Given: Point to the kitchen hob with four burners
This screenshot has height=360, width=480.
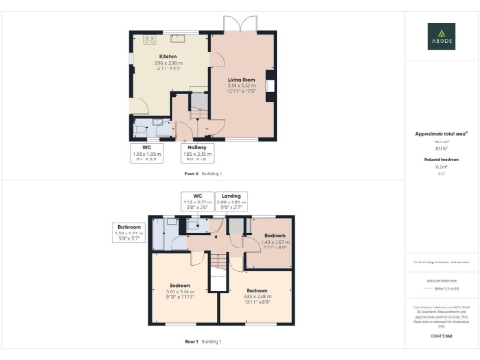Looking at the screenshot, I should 148,41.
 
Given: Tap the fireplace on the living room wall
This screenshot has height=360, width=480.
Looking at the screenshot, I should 269,87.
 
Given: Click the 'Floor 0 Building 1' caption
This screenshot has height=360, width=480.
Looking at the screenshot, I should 202,173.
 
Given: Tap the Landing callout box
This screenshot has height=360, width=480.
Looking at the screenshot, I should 232,200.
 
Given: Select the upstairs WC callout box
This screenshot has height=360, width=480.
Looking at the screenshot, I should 197,200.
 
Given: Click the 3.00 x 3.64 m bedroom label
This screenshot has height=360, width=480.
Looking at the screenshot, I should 182,290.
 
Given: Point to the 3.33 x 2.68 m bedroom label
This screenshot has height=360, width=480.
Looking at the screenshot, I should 256,294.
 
